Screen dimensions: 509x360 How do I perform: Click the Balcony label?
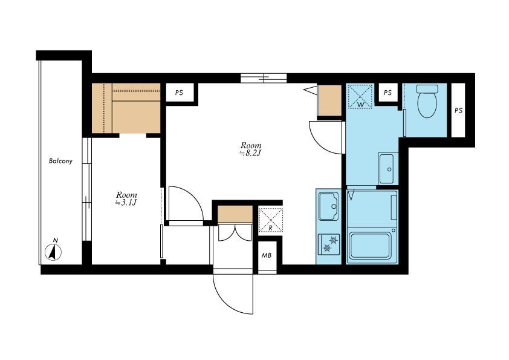click(x=60, y=161)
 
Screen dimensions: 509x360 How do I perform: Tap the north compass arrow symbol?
click(x=54, y=252)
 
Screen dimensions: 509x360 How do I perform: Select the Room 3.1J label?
click(x=126, y=198)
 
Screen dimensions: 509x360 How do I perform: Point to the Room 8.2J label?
click(x=250, y=149)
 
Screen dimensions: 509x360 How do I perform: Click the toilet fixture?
click(x=427, y=101)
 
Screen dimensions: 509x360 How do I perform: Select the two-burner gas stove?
click(x=329, y=244)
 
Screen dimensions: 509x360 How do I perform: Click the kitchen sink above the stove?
click(x=328, y=206)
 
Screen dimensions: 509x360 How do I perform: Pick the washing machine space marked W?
click(x=360, y=96)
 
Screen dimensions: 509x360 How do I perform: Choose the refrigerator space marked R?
click(x=270, y=220)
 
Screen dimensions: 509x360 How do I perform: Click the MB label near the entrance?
click(x=267, y=255)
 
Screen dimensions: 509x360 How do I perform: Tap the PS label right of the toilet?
click(x=458, y=111)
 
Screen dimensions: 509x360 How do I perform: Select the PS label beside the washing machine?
click(x=387, y=93)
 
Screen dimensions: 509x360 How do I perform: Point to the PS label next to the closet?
click(x=179, y=93)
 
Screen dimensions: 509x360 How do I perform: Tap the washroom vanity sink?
click(x=387, y=168)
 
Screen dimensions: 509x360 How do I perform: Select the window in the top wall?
click(x=264, y=78)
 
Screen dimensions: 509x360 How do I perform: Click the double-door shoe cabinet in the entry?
click(x=235, y=232)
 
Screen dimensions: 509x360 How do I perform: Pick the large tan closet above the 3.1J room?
click(x=126, y=108)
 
